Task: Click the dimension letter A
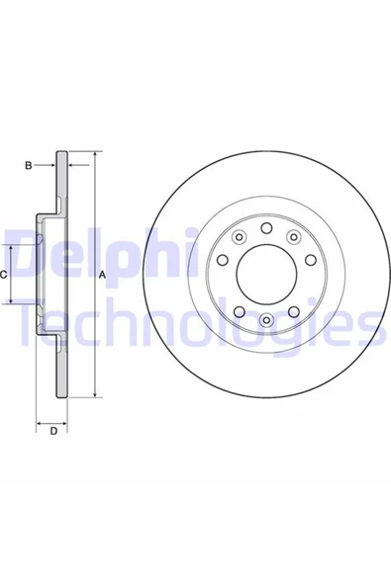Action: click(102, 276)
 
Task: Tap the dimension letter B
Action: click(29, 165)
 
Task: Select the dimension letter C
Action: click(3, 276)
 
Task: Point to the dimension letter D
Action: click(53, 431)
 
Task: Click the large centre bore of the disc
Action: click(266, 275)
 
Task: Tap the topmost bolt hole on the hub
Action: click(266, 228)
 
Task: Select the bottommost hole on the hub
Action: click(266, 320)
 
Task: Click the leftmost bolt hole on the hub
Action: click(223, 260)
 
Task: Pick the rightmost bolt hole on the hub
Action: click(311, 260)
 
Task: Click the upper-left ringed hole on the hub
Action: click(239, 236)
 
